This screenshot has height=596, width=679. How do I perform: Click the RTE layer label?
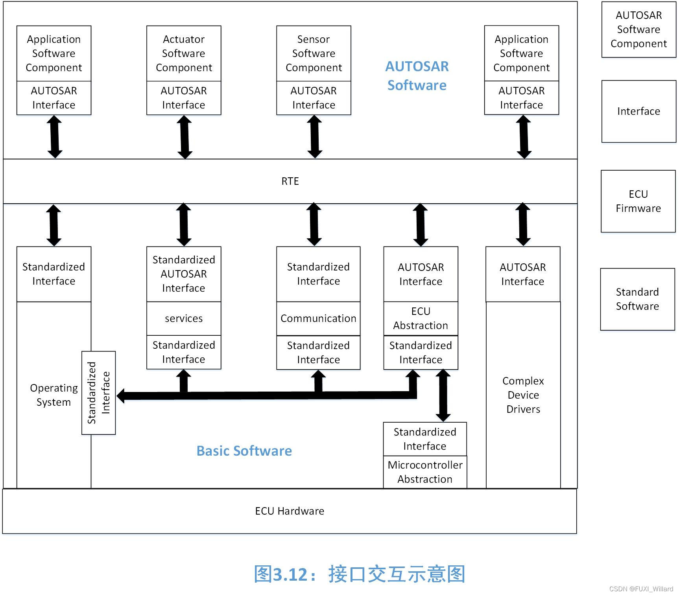290,181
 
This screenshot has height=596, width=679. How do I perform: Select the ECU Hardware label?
290,511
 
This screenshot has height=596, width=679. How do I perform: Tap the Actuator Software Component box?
184,53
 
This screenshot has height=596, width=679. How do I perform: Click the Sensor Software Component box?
314,53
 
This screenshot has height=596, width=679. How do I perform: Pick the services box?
184,318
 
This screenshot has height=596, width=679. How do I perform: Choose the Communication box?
318,318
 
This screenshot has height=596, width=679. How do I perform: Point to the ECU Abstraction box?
421,318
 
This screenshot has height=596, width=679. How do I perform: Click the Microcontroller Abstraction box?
425,472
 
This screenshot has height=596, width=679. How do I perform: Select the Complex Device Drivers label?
523,395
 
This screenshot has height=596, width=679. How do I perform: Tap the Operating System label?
54,395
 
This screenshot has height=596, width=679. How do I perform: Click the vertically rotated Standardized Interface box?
98,393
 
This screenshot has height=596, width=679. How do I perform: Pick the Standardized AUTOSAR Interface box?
184,274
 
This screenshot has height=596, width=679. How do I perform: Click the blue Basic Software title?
244,451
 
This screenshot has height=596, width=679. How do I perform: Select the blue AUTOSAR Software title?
417,75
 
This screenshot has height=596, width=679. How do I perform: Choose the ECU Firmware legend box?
638,201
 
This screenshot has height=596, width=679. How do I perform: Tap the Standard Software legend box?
637,299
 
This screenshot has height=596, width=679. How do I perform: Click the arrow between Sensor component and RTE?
314,137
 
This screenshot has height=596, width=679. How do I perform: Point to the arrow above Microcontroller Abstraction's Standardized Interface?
443,395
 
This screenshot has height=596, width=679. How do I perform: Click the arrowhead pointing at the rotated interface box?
121,395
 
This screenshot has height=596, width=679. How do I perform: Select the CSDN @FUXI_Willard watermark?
641,589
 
